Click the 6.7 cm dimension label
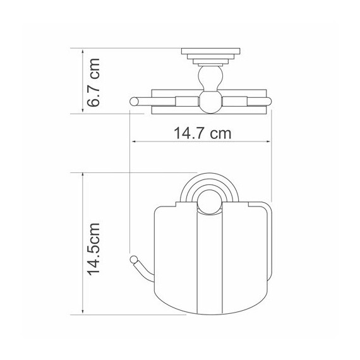tap(93, 83)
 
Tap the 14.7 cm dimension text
tap(202, 133)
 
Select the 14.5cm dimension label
tap(93, 249)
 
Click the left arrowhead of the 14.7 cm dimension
tap(135, 141)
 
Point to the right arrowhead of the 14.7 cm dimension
tap(268, 141)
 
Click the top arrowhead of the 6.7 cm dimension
tap(83, 52)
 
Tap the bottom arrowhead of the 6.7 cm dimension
tap(83, 110)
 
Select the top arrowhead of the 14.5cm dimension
tap(83, 176)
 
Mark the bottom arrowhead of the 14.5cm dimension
tap(83, 311)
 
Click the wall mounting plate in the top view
tap(210, 51)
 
